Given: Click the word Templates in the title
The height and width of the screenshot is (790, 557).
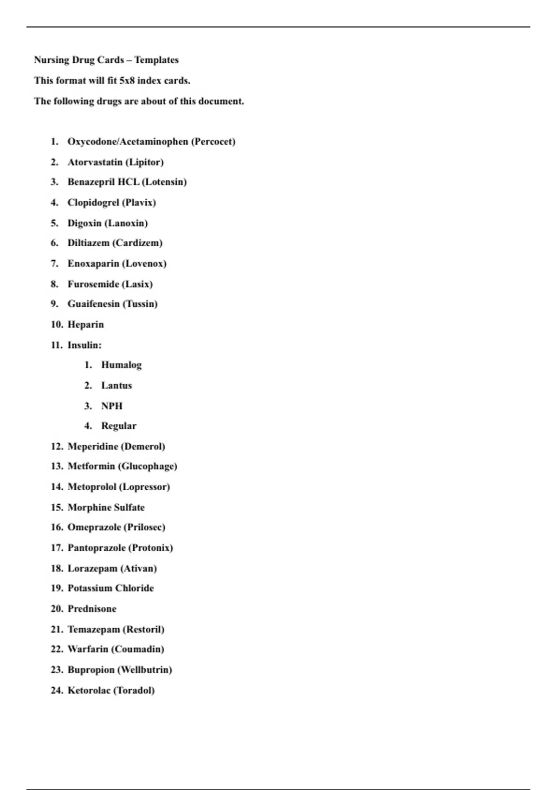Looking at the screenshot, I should click(x=156, y=60).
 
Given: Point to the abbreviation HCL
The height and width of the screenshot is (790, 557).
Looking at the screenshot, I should click(x=128, y=182).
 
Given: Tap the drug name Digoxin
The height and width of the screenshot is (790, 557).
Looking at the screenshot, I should click(x=84, y=223).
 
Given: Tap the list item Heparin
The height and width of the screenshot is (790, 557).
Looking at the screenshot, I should click(x=86, y=324).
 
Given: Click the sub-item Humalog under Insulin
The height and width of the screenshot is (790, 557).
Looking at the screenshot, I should click(x=122, y=365).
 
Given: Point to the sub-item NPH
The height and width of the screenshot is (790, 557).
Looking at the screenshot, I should click(x=112, y=406).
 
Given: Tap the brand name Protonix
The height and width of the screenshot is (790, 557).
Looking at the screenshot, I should click(x=150, y=548).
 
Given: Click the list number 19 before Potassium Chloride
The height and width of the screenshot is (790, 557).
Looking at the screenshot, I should click(x=57, y=588).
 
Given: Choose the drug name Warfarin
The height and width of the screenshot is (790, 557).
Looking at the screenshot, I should click(x=88, y=649).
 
